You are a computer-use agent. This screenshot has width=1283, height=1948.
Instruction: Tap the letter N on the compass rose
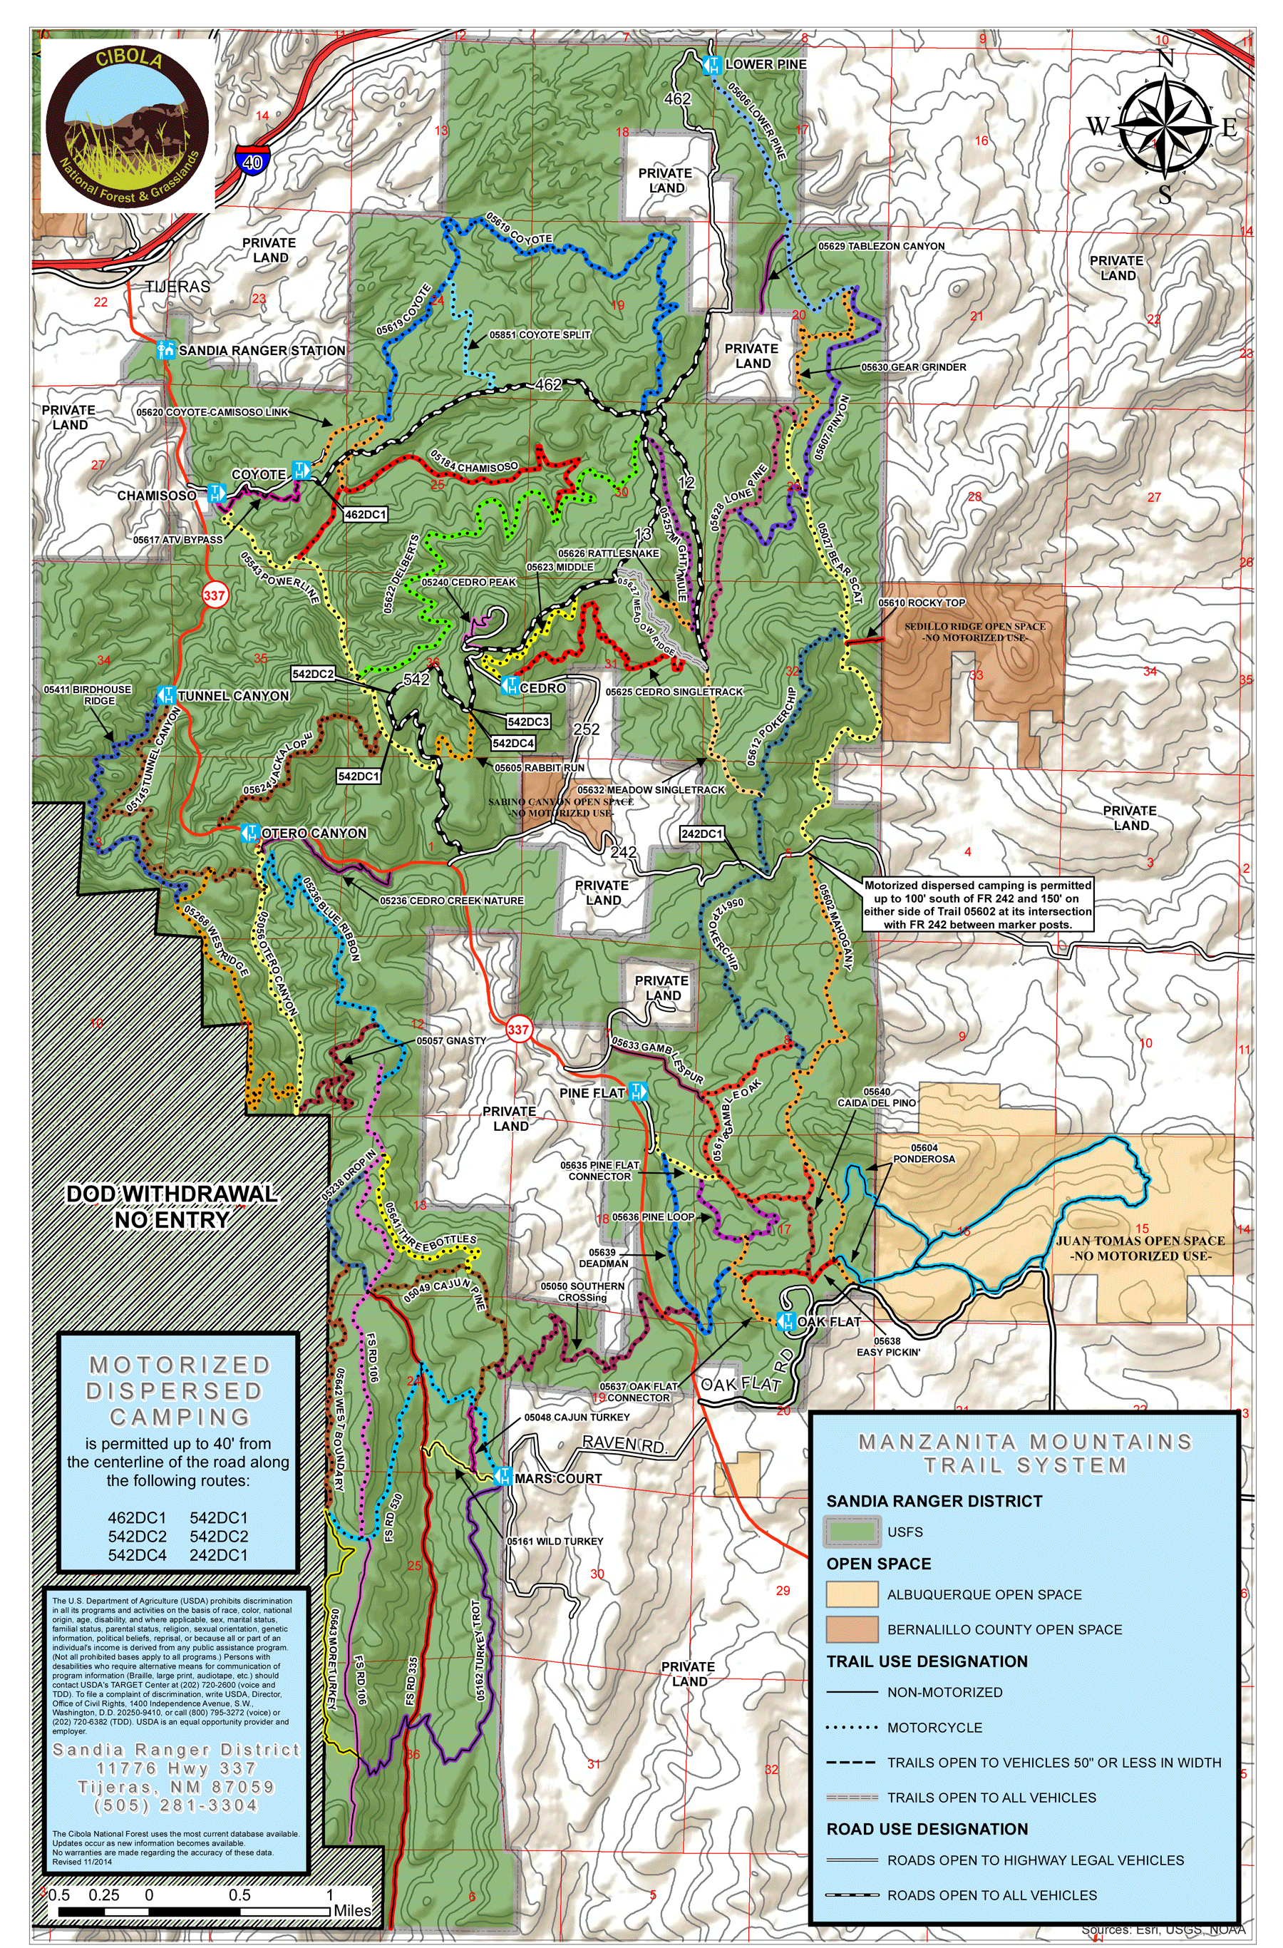pos(1165,59)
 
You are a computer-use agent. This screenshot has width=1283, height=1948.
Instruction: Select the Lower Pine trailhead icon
pos(712,65)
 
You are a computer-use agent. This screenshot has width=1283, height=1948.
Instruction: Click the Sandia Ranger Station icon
pos(166,350)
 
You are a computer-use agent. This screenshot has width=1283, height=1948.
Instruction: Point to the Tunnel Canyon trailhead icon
pos(166,696)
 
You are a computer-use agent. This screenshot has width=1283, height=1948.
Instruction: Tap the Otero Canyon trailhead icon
pos(250,834)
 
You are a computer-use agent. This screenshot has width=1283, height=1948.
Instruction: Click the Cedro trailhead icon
pos(509,687)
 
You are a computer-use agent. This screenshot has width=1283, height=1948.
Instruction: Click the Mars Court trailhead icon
pos(503,1478)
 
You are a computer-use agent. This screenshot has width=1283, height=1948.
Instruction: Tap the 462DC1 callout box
pos(365,514)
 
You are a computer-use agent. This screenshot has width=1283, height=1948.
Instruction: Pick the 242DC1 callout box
pos(702,834)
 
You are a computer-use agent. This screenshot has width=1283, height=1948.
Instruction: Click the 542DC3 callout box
pos(527,721)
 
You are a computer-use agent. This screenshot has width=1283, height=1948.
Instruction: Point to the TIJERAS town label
pos(177,287)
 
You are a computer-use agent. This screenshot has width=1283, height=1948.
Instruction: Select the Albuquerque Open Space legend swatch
pos(851,1594)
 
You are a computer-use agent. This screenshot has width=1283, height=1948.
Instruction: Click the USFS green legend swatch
pos(851,1531)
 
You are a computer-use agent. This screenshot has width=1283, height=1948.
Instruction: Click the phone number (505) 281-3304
pos(176,1805)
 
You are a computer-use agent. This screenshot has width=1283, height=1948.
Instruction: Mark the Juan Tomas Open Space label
pos(1140,1247)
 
